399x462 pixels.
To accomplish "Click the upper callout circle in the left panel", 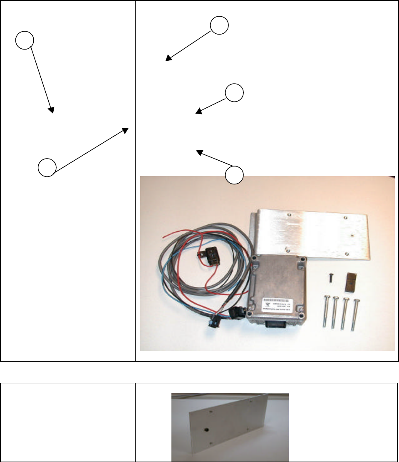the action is [25, 40].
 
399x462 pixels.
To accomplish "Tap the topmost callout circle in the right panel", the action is [219, 26].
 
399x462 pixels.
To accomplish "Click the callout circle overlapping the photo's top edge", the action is [234, 175].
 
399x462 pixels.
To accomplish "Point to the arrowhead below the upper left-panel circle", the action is [52, 111].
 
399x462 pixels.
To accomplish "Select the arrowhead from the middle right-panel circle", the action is [198, 112].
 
